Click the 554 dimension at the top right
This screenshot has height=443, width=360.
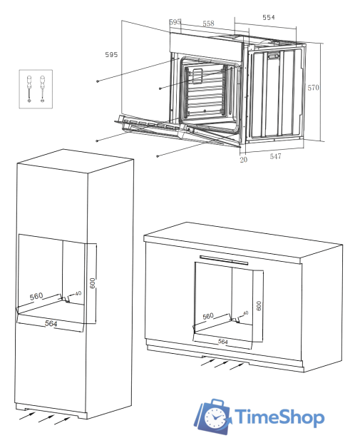point(268,16)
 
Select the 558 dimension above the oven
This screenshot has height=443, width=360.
point(207,24)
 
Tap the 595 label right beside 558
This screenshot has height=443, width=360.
point(175,23)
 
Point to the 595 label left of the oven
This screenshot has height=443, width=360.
point(111,54)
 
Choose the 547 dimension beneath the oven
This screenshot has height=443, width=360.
point(275,156)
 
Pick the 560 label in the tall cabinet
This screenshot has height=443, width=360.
point(37,296)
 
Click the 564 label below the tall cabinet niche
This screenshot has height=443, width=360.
point(51,324)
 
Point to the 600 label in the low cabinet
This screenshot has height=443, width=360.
point(259,304)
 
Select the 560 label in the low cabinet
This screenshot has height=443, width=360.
point(208,315)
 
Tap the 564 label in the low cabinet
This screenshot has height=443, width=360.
point(222,342)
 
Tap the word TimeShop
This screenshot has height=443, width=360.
point(279,417)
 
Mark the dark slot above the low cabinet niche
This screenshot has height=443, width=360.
point(224,260)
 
